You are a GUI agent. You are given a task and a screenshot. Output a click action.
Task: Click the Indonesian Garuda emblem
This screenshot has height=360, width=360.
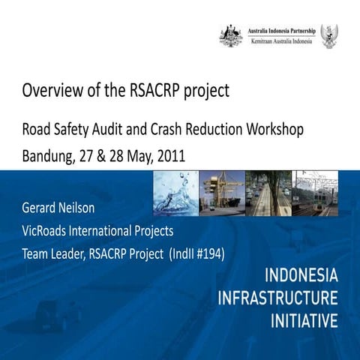328,35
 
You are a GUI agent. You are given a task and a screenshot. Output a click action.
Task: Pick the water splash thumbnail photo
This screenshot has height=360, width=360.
175,193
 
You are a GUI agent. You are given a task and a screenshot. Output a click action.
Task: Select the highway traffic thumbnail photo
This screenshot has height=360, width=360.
268,193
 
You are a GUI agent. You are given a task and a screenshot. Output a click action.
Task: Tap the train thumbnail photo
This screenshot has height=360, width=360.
315,193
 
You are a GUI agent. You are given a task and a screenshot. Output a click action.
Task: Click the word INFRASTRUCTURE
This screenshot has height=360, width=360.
278,298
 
